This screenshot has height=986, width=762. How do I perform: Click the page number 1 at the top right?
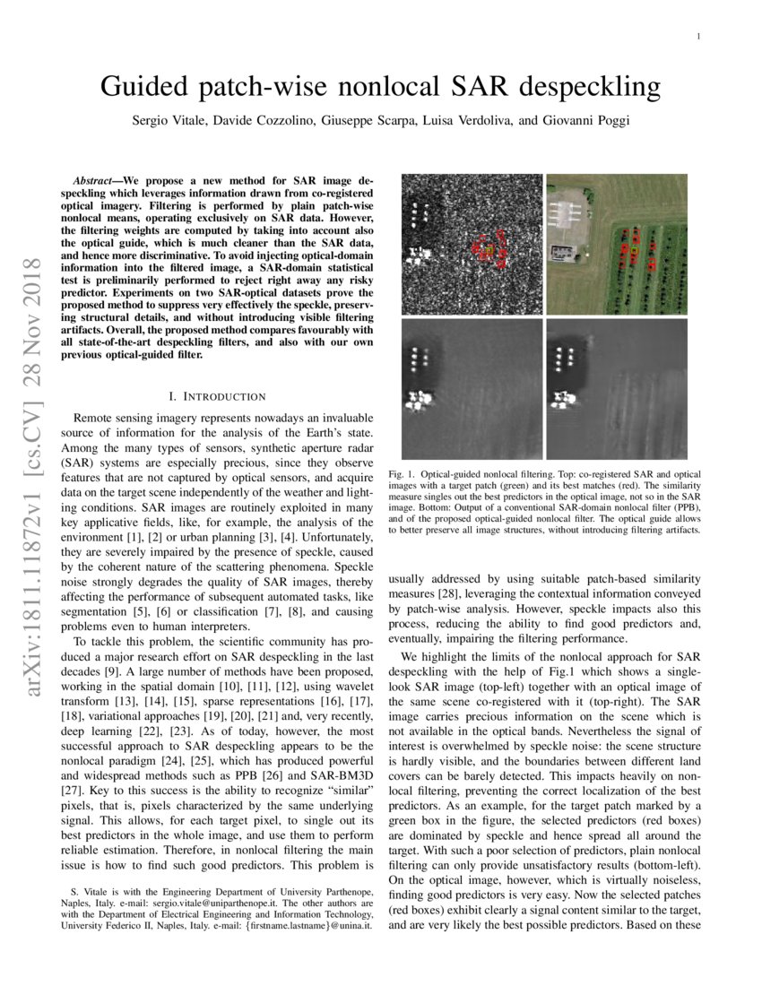pyautogui.click(x=697, y=37)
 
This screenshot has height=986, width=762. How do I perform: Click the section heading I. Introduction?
pyautogui.click(x=217, y=396)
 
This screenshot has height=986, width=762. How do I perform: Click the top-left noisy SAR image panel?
pyautogui.click(x=472, y=243)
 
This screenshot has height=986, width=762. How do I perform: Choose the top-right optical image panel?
pyautogui.click(x=617, y=243)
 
